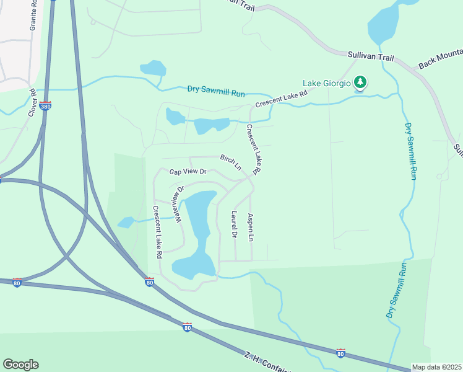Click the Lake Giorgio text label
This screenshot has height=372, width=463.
coord(326,82)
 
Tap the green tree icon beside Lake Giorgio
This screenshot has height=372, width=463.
coord(360,82)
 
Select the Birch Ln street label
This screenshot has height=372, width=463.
coord(230,162)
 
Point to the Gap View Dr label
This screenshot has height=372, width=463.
coord(188,172)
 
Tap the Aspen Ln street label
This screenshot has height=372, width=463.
coord(251,228)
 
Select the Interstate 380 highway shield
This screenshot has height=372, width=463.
coord(45,107)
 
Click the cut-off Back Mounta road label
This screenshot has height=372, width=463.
coord(439,60)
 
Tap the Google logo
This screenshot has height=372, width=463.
coord(20,365)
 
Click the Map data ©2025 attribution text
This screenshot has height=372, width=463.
coord(436,367)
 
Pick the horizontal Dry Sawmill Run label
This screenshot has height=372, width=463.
coord(216,91)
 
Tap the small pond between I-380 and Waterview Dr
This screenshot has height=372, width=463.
coord(126,222)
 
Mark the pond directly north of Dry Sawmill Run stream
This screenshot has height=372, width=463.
coord(153,68)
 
